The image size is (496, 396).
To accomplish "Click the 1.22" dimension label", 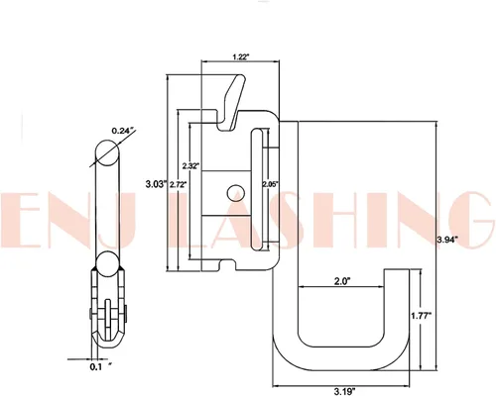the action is (240, 57).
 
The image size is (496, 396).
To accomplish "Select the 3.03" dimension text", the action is (156, 184).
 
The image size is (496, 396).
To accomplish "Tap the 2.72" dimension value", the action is (179, 184).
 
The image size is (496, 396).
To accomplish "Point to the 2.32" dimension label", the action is (190, 165).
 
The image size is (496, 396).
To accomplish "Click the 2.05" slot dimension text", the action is (269, 184).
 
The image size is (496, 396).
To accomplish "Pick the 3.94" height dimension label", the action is (447, 240).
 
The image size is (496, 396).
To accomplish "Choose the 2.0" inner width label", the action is (342, 281).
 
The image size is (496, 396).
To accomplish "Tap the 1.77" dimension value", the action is (422, 316).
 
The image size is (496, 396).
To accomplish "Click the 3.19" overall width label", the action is (344, 392).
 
